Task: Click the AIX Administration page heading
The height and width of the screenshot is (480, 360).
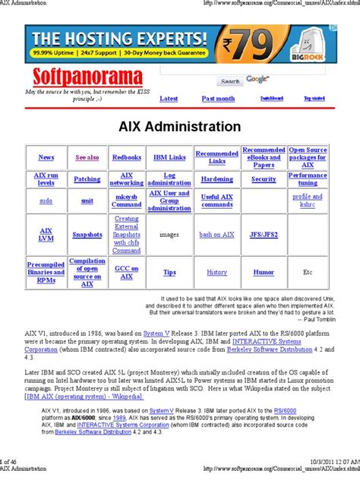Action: click(180, 127)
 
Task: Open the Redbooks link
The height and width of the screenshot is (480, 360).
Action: click(126, 157)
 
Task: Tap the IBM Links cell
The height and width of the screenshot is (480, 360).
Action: click(169, 157)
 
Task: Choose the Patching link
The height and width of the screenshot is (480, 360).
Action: click(87, 179)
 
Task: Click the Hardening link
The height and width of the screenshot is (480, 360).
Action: click(216, 179)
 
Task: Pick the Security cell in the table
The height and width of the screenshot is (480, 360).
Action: click(264, 179)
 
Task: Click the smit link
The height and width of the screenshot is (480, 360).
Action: click(87, 201)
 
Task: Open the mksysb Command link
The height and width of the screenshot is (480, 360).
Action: click(126, 201)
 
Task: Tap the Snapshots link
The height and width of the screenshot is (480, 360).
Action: click(87, 235)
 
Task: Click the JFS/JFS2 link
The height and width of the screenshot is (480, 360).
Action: click(264, 235)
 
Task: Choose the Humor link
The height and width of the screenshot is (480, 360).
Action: click(264, 271)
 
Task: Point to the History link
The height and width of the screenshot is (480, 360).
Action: click(216, 271)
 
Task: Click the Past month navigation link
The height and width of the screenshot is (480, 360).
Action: click(218, 98)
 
